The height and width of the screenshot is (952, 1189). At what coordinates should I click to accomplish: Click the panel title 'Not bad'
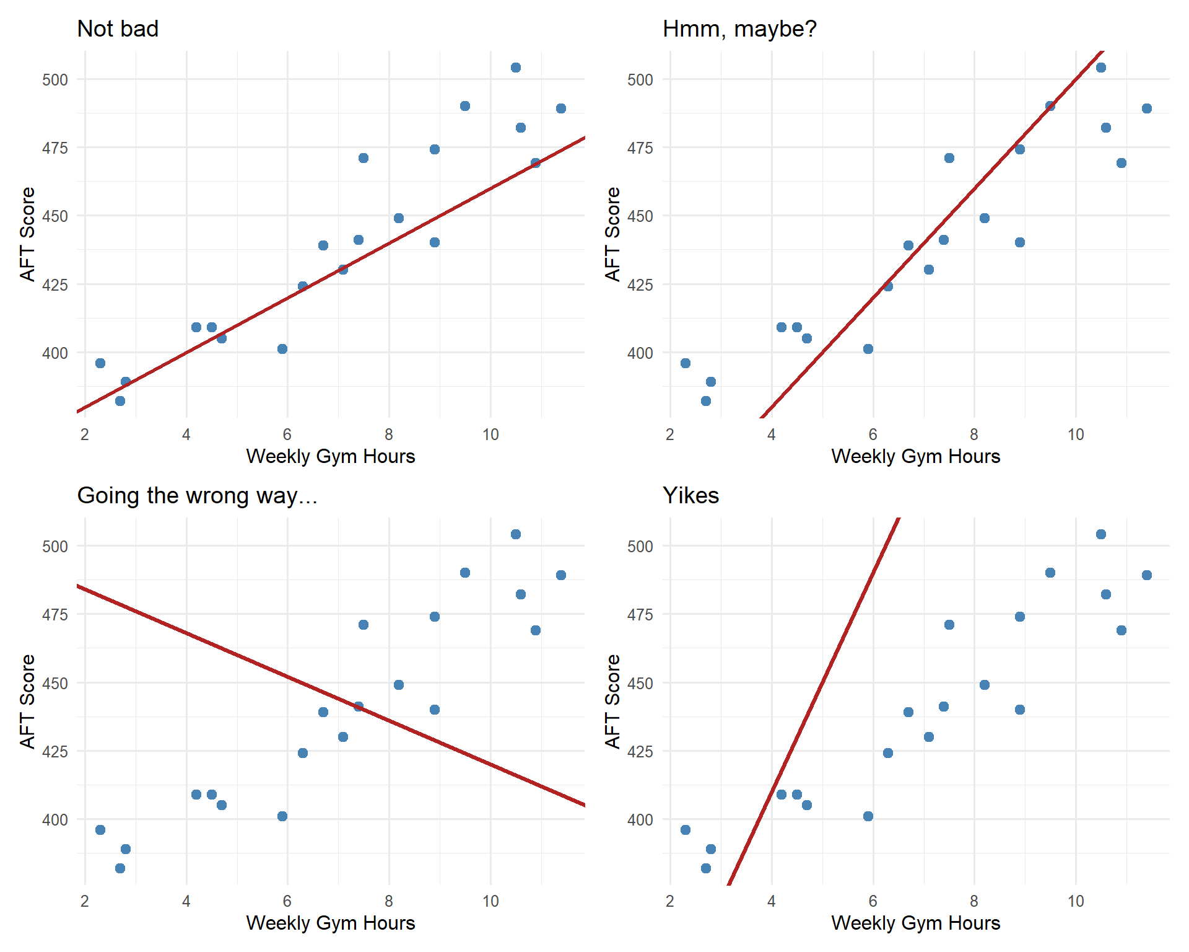[x=118, y=29]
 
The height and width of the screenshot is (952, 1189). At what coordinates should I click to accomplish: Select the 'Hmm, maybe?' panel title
[x=739, y=29]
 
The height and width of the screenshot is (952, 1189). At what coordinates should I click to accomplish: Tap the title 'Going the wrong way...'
[x=197, y=496]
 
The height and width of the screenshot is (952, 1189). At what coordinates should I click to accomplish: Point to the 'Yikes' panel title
[x=690, y=496]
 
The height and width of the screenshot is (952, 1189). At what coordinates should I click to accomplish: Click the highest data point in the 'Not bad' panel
[x=516, y=68]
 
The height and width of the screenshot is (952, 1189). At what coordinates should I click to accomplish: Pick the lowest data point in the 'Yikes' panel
[x=706, y=868]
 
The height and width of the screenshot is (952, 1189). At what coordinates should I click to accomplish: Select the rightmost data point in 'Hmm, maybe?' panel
[x=1147, y=108]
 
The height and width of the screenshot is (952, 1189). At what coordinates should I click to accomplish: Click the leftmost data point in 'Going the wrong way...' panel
[x=100, y=830]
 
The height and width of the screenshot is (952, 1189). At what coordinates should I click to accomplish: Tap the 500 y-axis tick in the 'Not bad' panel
[x=55, y=80]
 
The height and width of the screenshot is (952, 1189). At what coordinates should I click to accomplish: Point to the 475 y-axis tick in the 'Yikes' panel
[x=640, y=615]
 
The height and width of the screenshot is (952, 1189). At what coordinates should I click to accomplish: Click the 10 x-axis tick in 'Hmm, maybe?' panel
[x=1076, y=434]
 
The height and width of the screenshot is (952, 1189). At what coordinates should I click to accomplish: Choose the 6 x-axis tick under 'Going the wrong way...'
[x=287, y=901]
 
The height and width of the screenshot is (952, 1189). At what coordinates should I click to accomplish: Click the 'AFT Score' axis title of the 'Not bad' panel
[x=27, y=234]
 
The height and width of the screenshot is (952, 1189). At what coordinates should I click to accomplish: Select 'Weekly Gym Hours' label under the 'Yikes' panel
[x=915, y=923]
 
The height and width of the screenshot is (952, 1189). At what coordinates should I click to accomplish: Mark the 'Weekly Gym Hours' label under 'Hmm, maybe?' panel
[x=915, y=456]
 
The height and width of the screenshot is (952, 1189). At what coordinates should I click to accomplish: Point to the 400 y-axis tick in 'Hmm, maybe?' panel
[x=640, y=353]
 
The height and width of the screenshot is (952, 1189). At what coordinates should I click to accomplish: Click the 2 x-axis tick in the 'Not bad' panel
[x=85, y=434]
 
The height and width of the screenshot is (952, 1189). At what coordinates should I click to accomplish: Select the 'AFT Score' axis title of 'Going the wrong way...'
[x=27, y=701]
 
